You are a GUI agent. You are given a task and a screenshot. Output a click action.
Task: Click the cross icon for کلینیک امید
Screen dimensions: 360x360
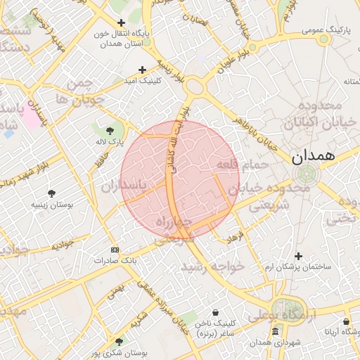click(x=143, y=69)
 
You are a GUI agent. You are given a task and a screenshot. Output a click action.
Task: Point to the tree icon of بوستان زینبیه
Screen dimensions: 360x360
click(x=51, y=193)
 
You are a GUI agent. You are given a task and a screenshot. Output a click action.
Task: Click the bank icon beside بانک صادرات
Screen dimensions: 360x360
click(x=115, y=250)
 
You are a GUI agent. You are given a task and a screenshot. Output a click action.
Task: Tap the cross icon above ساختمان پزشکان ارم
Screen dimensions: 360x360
click(x=298, y=256)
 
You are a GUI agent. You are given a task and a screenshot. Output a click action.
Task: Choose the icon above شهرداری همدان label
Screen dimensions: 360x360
click(x=275, y=330)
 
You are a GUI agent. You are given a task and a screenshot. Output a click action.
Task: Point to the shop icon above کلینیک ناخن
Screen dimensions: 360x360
click(x=214, y=312)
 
